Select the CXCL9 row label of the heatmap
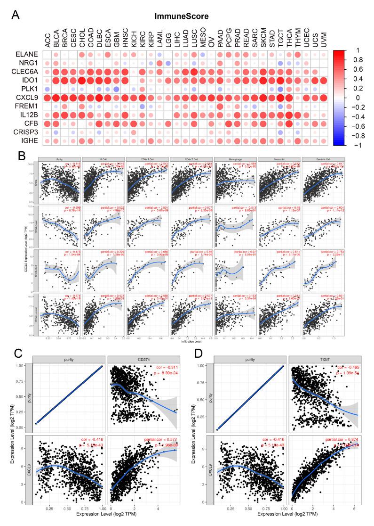tap(23, 98)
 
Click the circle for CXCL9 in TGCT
tap(280, 98)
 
